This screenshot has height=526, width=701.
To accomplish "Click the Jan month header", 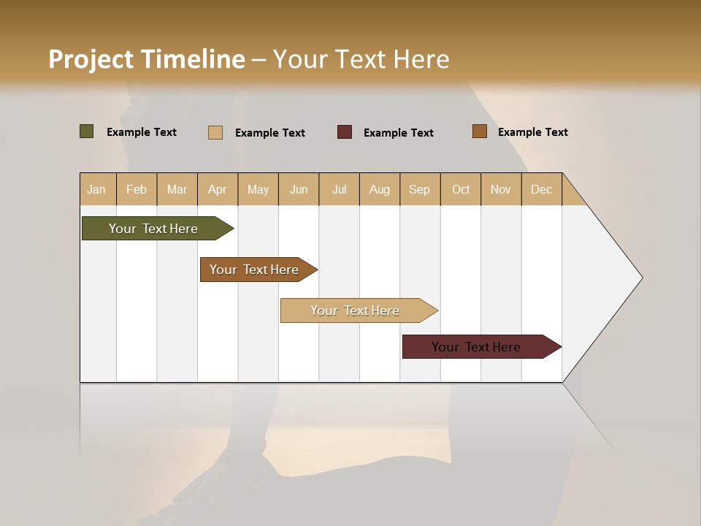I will pos(97,189).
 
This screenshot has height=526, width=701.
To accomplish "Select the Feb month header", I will pos(137,189).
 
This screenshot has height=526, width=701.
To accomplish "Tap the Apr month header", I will pos(218,189).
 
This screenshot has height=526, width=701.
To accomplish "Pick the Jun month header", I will pos(299,189).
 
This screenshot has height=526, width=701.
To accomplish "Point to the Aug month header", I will pos(380,189).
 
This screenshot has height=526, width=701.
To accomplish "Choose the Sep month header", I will pos(420,189).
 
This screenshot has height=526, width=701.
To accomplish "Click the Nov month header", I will pos(501,189).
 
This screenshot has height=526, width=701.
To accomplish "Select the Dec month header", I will pos(542,189).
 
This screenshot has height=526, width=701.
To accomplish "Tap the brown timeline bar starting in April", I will pos(256,270).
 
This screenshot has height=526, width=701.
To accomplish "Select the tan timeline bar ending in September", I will pos(356,310).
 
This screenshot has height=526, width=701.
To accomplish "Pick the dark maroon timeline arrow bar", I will pos(478,347).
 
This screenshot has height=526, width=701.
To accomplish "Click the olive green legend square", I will pos(87,131).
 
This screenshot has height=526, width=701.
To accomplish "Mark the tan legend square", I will pos(215,132).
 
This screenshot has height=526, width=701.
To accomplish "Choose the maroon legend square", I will pos(345,132).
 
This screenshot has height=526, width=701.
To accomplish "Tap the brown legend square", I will pos(480,131).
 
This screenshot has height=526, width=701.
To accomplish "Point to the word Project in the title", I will pos(91,59).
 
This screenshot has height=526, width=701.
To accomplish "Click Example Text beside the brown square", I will pos(532,132).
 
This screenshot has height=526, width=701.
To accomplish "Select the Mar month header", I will pos(177,189).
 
